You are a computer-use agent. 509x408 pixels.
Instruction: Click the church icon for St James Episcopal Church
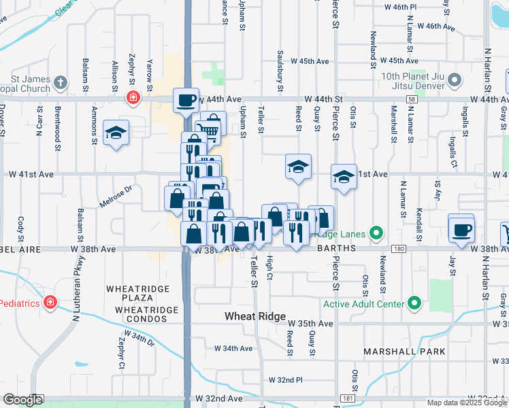coord(61,83)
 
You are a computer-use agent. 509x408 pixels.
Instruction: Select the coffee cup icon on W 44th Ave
coord(186,101)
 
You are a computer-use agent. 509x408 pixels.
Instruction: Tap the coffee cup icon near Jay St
coord(462,228)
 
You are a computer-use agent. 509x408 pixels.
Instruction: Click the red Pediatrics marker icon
coord(50,301)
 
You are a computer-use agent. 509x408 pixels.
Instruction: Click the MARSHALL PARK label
coord(404,352)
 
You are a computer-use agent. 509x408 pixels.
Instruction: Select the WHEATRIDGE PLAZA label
coord(133,290)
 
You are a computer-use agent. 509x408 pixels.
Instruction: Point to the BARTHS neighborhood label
coord(336,249)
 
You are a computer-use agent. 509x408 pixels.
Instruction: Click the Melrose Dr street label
coord(116,198)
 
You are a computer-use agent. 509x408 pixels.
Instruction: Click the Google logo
coord(22,399)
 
